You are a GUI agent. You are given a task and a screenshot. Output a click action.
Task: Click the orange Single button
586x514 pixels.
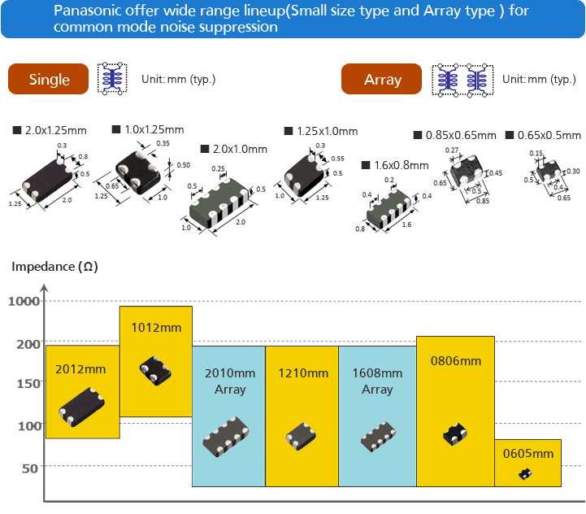pyautogui.click(x=48, y=80)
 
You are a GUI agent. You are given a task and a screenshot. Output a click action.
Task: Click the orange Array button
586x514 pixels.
pyautogui.click(x=382, y=80)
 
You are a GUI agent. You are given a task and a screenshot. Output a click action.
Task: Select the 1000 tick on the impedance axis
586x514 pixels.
pyautogui.click(x=24, y=301)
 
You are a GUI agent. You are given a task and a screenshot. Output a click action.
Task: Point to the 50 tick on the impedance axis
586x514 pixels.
pyautogui.click(x=30, y=468)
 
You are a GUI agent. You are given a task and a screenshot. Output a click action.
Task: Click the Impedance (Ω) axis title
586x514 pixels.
pyautogui.click(x=54, y=267)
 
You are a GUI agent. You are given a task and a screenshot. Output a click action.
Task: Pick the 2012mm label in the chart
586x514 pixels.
pyautogui.click(x=81, y=368)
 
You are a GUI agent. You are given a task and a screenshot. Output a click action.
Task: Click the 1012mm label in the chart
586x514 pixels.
pyautogui.click(x=156, y=328)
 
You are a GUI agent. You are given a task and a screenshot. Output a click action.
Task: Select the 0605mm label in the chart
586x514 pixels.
pyautogui.click(x=527, y=454)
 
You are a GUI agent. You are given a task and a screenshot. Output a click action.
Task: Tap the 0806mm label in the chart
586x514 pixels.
pyautogui.click(x=455, y=361)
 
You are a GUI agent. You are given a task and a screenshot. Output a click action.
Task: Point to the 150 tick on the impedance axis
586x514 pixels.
pyautogui.click(x=27, y=384)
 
